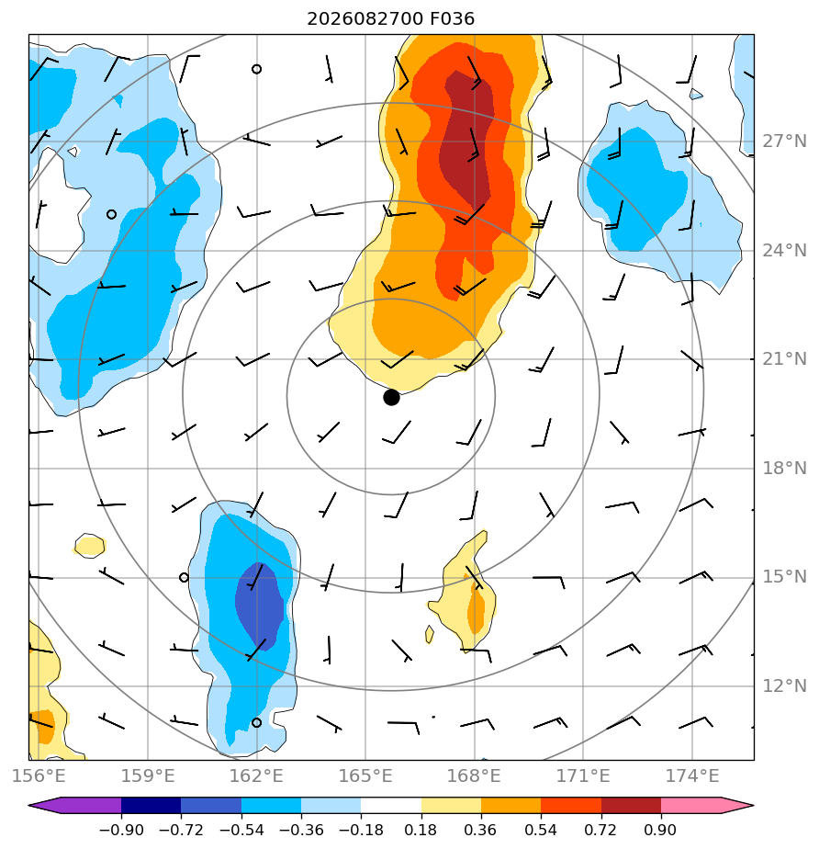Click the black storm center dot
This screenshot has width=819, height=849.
click(391, 398)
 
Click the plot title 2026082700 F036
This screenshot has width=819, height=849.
click(390, 19)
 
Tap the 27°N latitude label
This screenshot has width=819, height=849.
click(784, 141)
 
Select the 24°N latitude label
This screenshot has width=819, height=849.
click(784, 251)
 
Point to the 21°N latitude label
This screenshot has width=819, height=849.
click(784, 359)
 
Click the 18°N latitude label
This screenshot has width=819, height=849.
click(784, 469)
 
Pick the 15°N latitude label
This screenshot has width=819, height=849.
click(784, 577)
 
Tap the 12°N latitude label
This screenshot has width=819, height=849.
click(784, 686)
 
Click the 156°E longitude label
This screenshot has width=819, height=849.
click(39, 775)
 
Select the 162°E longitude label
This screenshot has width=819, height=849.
click(256, 775)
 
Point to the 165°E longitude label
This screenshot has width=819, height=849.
click(365, 775)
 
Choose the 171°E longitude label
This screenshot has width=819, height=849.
click(583, 775)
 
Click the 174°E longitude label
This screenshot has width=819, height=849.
click(692, 775)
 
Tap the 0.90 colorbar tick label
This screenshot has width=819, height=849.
click(660, 830)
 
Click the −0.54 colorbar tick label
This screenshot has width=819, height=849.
click(241, 830)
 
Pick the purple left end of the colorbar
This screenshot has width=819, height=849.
click(74, 805)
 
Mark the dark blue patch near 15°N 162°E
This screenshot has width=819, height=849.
click(260, 606)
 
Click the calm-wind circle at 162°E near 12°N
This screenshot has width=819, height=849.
click(257, 723)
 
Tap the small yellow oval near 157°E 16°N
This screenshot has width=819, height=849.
click(89, 546)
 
